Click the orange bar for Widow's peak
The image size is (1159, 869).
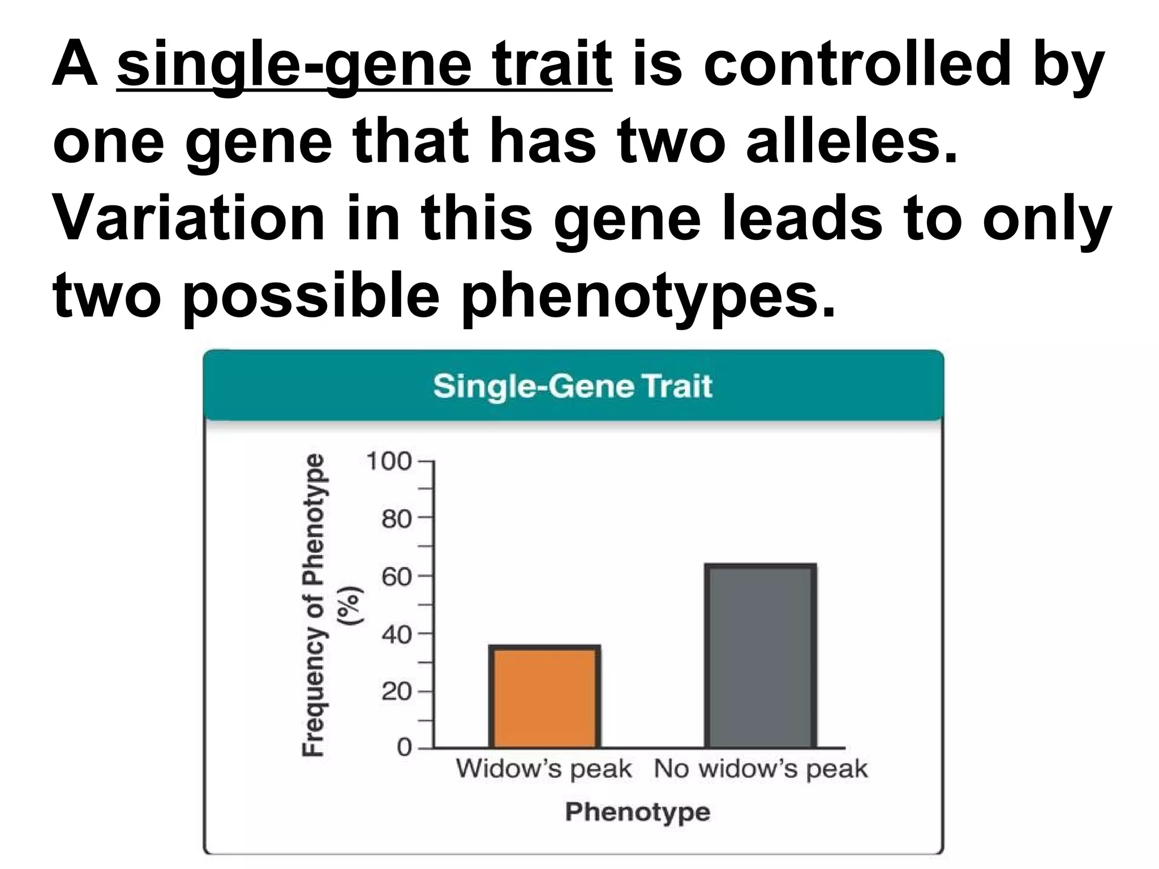(x=545, y=696)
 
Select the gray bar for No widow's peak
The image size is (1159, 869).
(x=760, y=656)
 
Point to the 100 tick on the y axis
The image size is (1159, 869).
(x=389, y=461)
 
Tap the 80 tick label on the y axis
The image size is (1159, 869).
(x=396, y=518)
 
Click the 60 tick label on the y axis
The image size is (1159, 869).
(x=396, y=577)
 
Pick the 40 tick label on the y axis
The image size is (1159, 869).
(x=396, y=635)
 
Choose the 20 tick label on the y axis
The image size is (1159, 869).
(x=396, y=691)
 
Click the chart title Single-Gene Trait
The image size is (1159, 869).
(x=573, y=386)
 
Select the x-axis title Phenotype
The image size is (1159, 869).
(x=638, y=812)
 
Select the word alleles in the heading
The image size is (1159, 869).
(x=851, y=141)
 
